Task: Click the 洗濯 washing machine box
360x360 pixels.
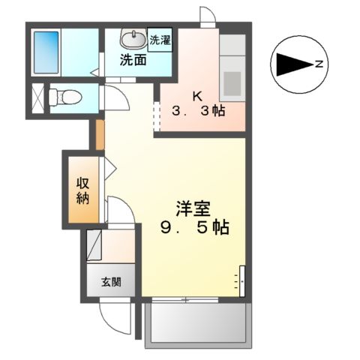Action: [159, 41]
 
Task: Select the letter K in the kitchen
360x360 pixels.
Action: [197, 96]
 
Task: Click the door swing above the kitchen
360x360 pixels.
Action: [207, 15]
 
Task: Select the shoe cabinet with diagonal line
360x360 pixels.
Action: [95, 244]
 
